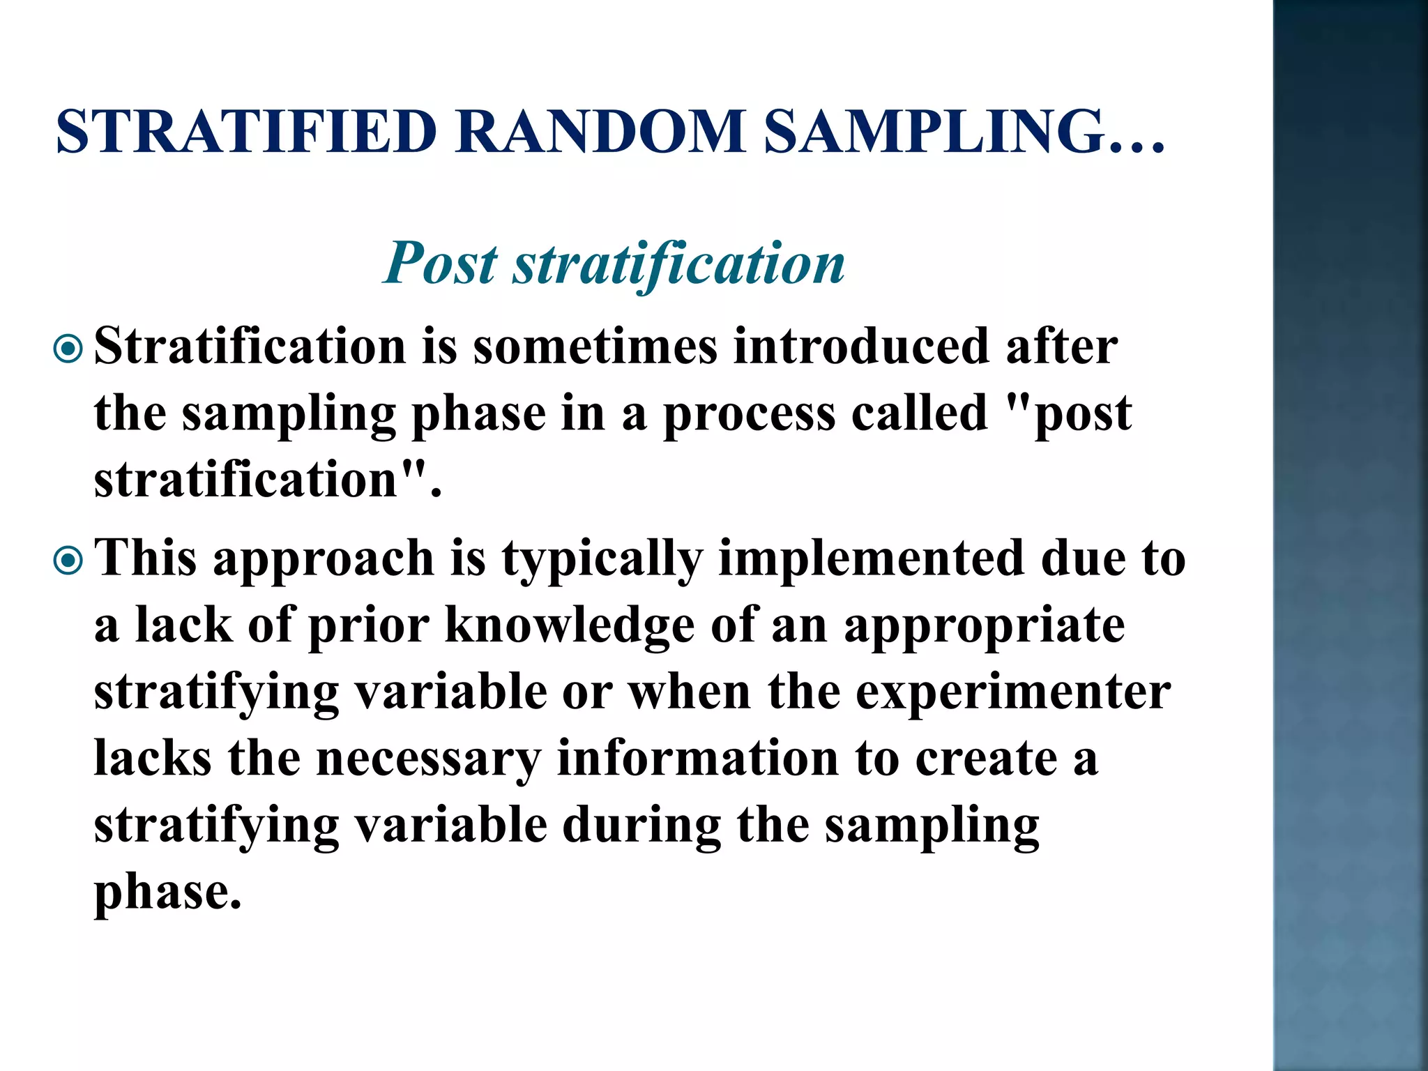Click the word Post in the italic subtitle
point(441,264)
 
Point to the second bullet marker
point(68,560)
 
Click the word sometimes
point(595,347)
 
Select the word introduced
point(861,347)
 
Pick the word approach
point(324,559)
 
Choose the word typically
point(602,559)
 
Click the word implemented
point(872,559)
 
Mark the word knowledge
point(569,625)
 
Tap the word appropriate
point(984,625)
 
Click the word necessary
point(428,759)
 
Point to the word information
point(697,759)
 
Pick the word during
point(641,826)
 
